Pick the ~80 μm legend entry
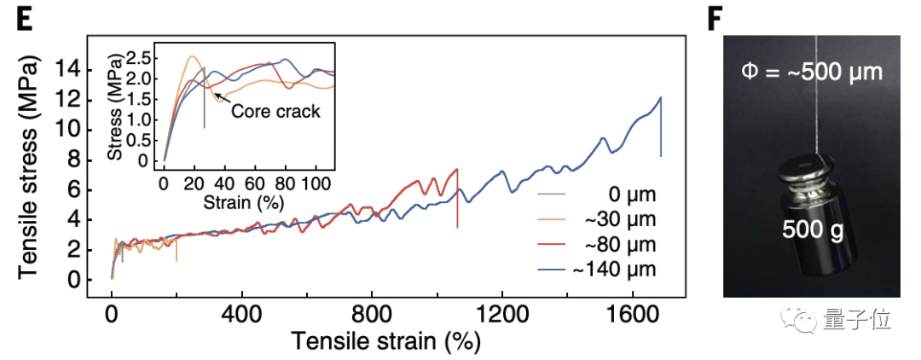tap(621, 245)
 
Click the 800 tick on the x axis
tap(372, 313)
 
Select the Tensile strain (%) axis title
tap(385, 341)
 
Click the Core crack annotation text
tap(275, 111)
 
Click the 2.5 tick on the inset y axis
tap(142, 57)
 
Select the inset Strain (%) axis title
tap(242, 202)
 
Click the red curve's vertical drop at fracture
tap(458, 198)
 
